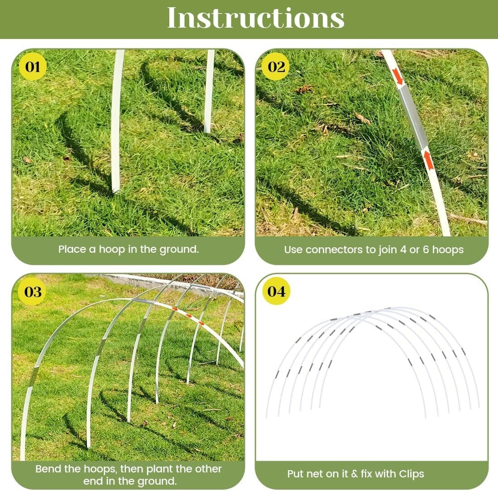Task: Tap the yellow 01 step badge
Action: click(x=33, y=67)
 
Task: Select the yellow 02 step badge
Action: click(x=277, y=67)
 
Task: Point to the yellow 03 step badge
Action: click(x=33, y=292)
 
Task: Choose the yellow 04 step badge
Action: click(x=276, y=291)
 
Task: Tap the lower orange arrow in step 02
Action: click(x=428, y=160)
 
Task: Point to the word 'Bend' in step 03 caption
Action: click(x=47, y=469)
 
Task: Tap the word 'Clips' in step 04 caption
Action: click(x=412, y=474)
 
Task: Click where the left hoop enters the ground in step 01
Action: click(x=115, y=190)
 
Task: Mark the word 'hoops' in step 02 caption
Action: click(x=447, y=250)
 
